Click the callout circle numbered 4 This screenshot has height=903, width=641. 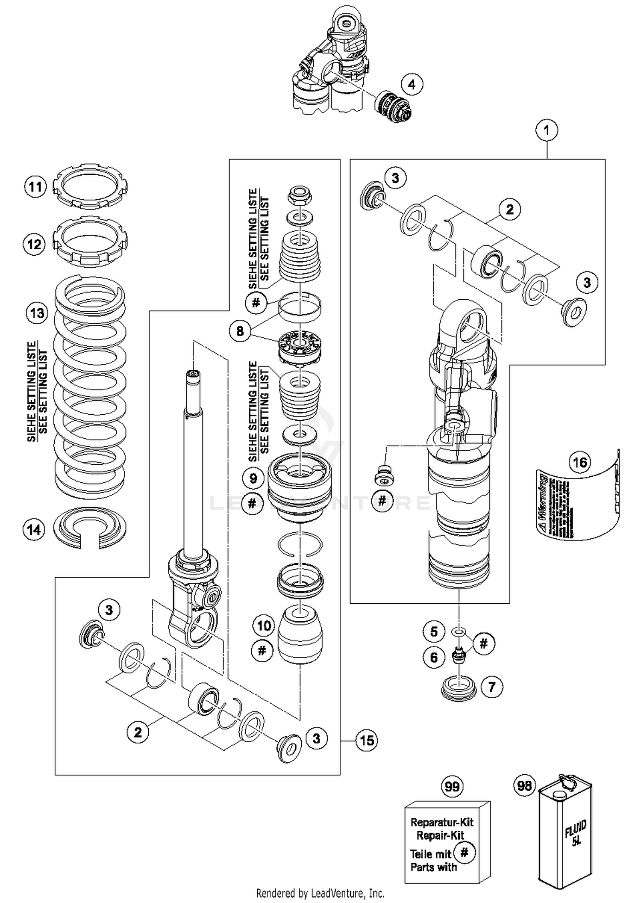(x=411, y=85)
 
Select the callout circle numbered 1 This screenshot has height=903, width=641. (x=547, y=130)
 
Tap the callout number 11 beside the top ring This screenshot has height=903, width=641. (x=35, y=187)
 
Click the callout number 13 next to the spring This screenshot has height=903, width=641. (x=37, y=313)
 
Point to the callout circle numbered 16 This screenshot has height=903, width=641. (x=580, y=462)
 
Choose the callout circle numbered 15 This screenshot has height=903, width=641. (x=367, y=741)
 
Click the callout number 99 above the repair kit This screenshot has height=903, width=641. (x=452, y=786)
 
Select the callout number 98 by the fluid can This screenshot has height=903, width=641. (x=524, y=785)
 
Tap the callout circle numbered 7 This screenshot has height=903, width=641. (x=491, y=688)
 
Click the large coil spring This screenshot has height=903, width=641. (x=90, y=385)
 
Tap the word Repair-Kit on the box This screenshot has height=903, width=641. (x=440, y=835)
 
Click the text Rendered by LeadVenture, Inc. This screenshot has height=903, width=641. (x=320, y=893)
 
